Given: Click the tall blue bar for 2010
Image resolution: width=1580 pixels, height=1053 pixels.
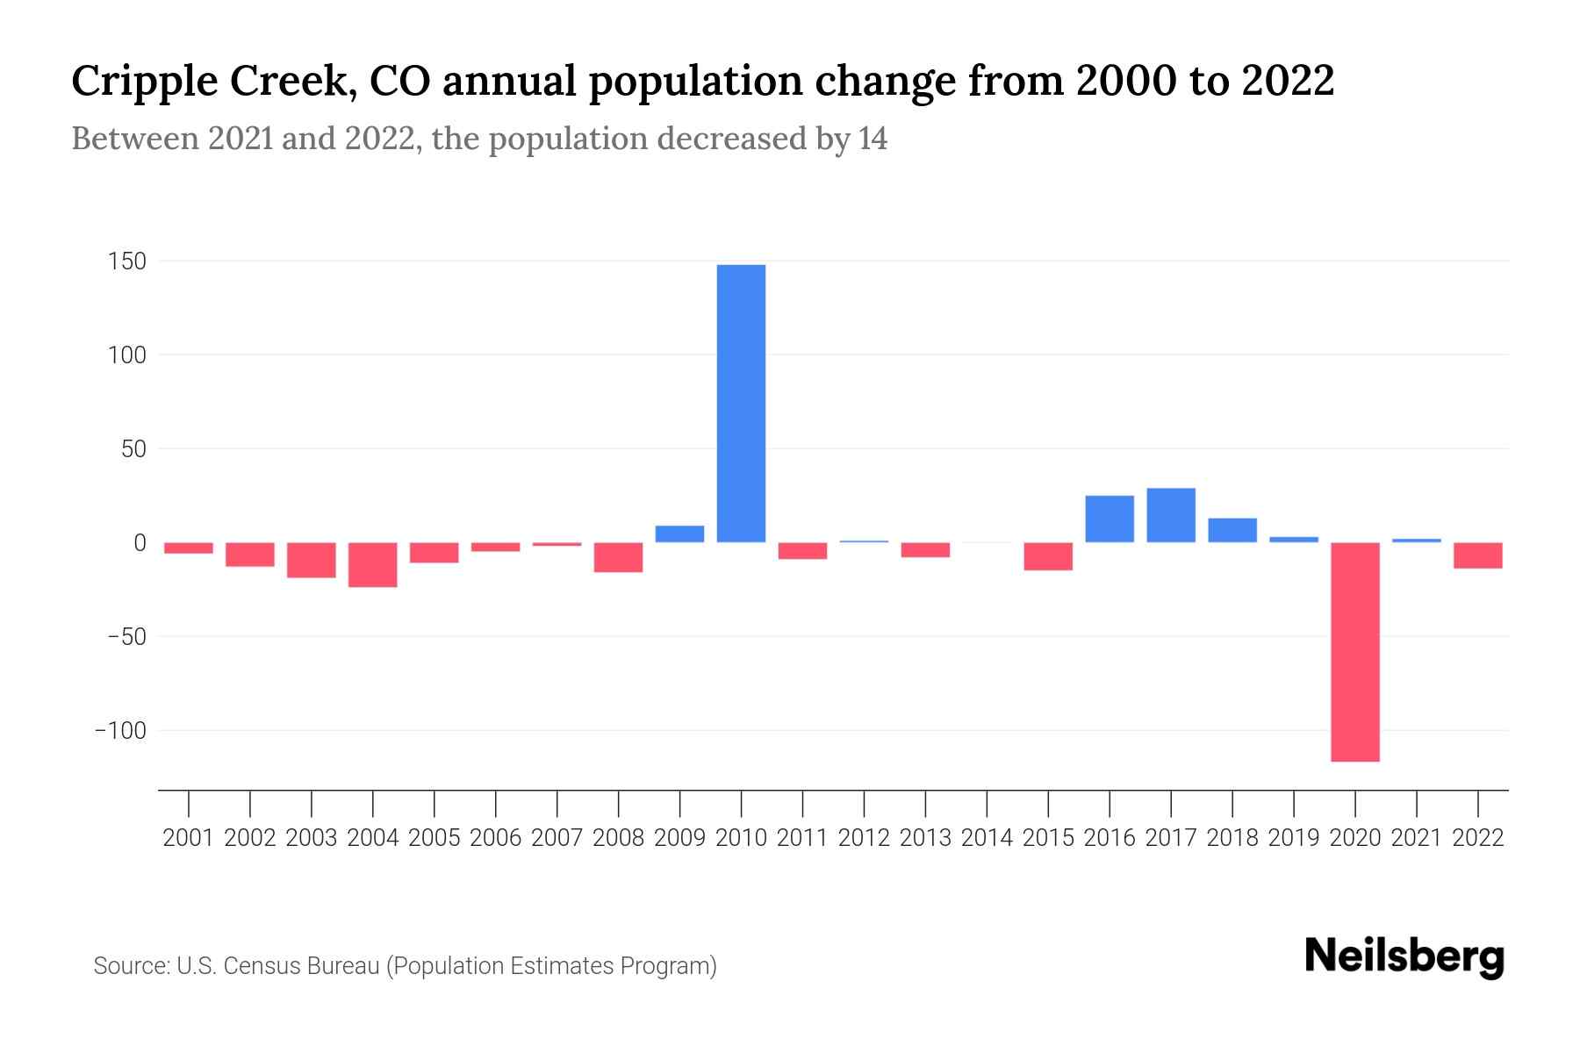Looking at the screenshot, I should [x=741, y=404].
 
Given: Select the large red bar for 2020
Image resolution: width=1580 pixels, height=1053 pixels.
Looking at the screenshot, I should [x=1354, y=652].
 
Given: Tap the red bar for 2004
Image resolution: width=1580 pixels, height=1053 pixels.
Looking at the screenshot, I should [x=373, y=565].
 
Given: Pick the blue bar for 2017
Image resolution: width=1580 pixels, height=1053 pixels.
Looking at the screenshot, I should [x=1170, y=515].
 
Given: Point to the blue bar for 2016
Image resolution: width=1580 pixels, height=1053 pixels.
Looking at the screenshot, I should [x=1109, y=519].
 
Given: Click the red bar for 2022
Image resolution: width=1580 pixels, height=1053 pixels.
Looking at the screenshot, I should [x=1477, y=555].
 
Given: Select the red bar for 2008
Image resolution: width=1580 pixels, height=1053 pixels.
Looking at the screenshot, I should [x=618, y=557].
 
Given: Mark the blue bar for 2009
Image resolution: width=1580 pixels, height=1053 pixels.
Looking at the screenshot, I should [x=679, y=534].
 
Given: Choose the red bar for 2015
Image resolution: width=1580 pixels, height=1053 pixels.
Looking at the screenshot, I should [x=1047, y=556].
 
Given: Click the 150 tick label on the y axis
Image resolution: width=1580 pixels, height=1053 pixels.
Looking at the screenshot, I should [x=128, y=261].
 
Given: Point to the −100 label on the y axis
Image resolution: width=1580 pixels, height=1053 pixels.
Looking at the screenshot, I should [x=120, y=731].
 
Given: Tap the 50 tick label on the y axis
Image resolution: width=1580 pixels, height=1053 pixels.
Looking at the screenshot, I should [x=133, y=449].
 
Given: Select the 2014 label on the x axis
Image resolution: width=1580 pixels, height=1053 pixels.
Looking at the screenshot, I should [x=987, y=838].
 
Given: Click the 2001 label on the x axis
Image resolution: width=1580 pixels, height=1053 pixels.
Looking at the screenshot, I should [x=189, y=838].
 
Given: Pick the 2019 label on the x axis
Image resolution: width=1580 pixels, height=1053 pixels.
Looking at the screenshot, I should [x=1293, y=838].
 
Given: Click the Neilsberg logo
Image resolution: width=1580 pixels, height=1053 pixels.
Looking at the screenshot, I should [x=1404, y=956].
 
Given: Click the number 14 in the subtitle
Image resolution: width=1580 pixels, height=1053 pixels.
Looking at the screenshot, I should [x=873, y=140].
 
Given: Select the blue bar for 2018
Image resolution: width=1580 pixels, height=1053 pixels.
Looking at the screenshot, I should [x=1232, y=530].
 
